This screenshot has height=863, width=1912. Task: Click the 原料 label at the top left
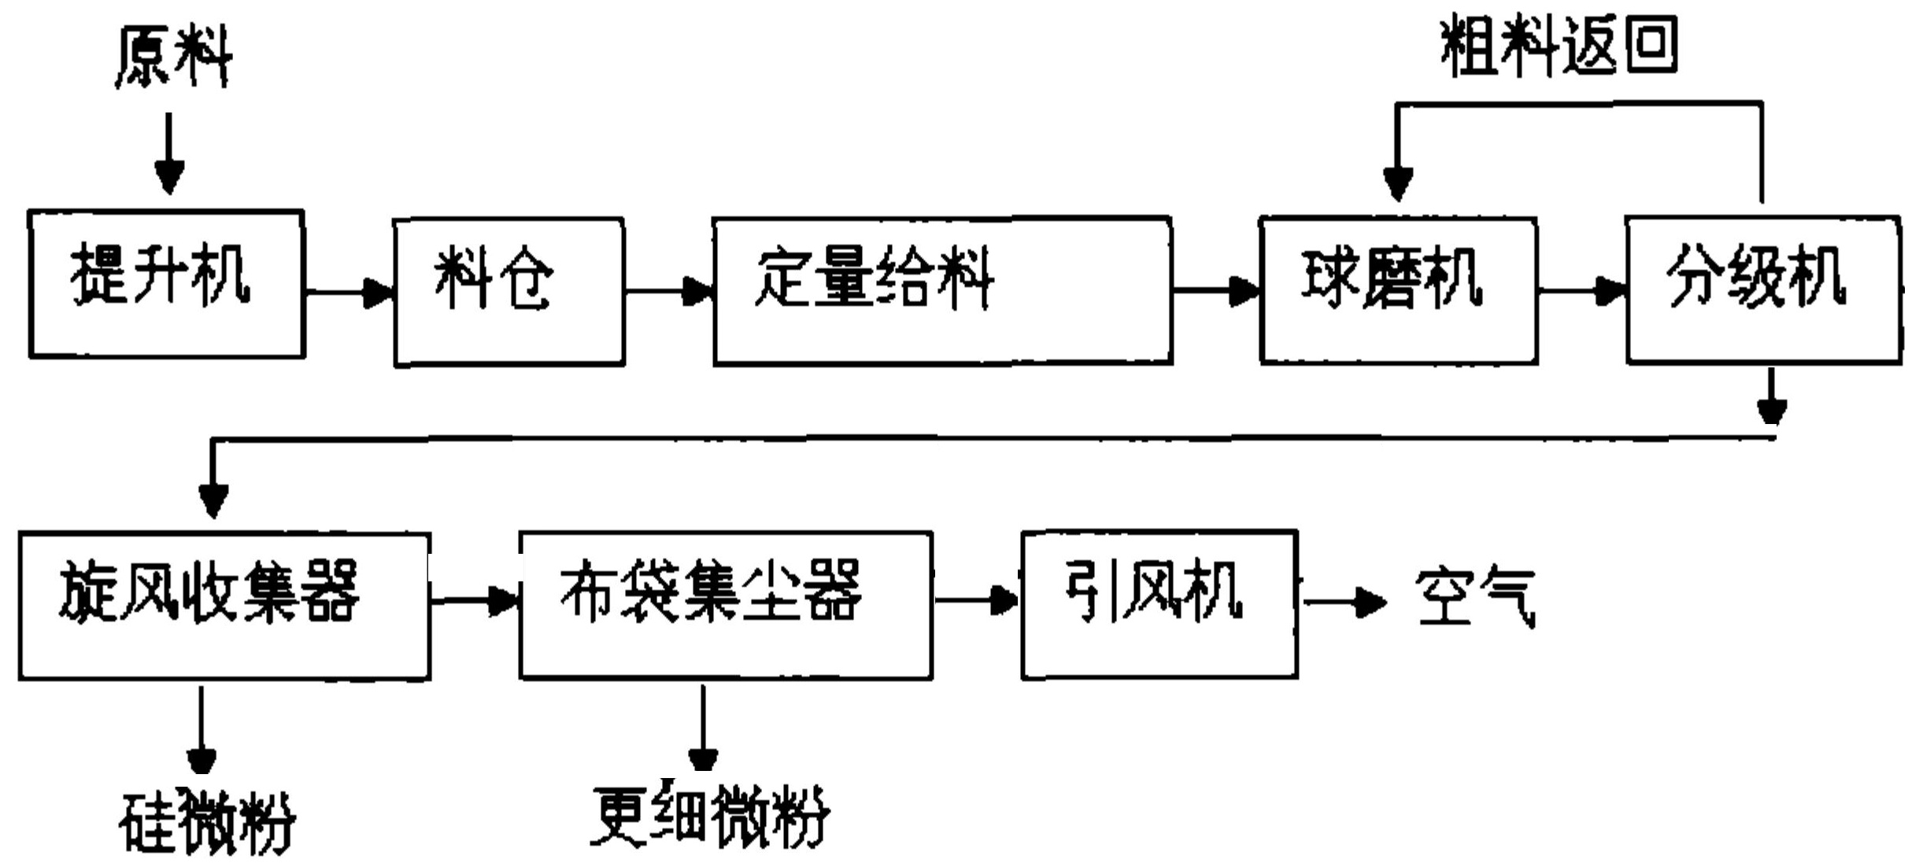point(173,57)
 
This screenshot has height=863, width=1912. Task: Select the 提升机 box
point(166,284)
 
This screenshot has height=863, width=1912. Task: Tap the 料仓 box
point(509,292)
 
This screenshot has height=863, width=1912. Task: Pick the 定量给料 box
point(941,290)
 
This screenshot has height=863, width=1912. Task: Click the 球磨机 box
point(1398,290)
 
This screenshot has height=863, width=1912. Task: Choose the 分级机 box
point(1763,290)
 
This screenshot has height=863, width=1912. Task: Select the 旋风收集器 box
point(224,605)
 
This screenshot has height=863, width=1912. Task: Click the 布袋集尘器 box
point(725,605)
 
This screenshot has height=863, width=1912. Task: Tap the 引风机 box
point(1159,604)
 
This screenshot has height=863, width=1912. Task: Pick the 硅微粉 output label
point(206,823)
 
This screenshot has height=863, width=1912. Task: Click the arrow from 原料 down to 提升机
point(169,154)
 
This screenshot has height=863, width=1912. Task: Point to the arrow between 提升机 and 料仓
point(349,293)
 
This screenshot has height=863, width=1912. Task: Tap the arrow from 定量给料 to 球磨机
point(1215,291)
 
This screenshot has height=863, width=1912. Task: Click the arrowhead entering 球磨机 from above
point(1397,184)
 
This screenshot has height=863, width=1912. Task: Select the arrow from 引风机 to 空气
point(1344,603)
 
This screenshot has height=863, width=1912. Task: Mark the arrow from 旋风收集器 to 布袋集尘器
point(475,602)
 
